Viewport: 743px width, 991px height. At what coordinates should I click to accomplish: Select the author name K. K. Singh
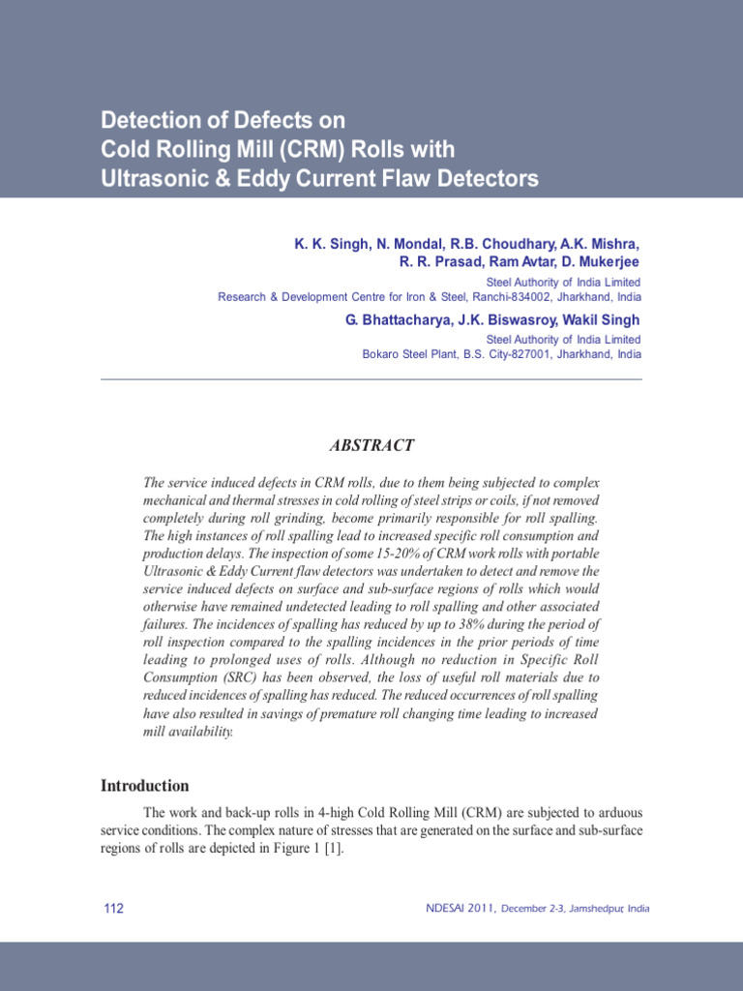pos(325,244)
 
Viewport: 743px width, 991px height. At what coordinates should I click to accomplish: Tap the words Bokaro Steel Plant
pos(410,354)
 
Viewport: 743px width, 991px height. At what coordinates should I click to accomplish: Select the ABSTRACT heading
pos(371,445)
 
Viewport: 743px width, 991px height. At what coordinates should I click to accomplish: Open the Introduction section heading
pos(145,786)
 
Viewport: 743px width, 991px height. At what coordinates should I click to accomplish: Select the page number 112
pos(113,908)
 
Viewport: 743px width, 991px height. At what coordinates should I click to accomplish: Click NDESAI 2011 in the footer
pos(461,909)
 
